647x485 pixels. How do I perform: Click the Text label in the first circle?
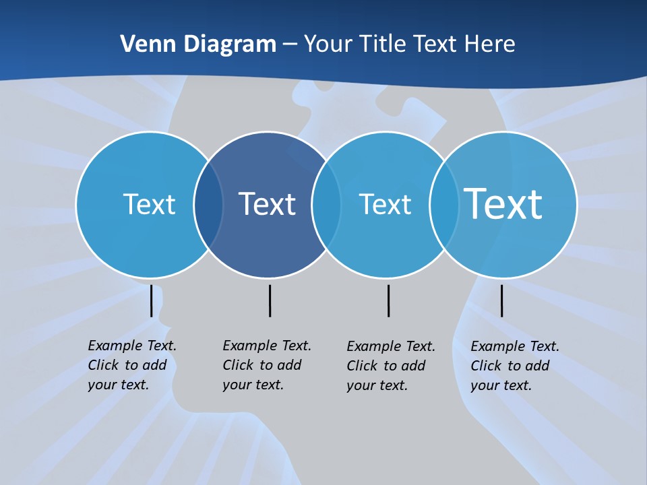tap(149, 204)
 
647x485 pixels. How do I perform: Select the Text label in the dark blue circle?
tap(268, 204)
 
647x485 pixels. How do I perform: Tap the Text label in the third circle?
tap(385, 204)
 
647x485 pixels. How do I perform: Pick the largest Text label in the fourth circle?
tap(503, 204)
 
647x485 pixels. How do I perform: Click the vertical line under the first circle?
tap(152, 300)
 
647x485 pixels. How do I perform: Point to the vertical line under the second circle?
tap(270, 300)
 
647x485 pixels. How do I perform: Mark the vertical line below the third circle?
tap(388, 300)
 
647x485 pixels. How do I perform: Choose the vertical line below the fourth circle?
tap(501, 300)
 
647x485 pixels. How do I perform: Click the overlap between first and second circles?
tap(208, 205)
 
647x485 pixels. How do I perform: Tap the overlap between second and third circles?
tap(326, 205)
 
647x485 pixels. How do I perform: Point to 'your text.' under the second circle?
tap(253, 385)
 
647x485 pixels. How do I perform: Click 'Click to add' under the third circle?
tap(386, 366)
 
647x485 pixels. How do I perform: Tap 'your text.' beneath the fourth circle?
tap(501, 385)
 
